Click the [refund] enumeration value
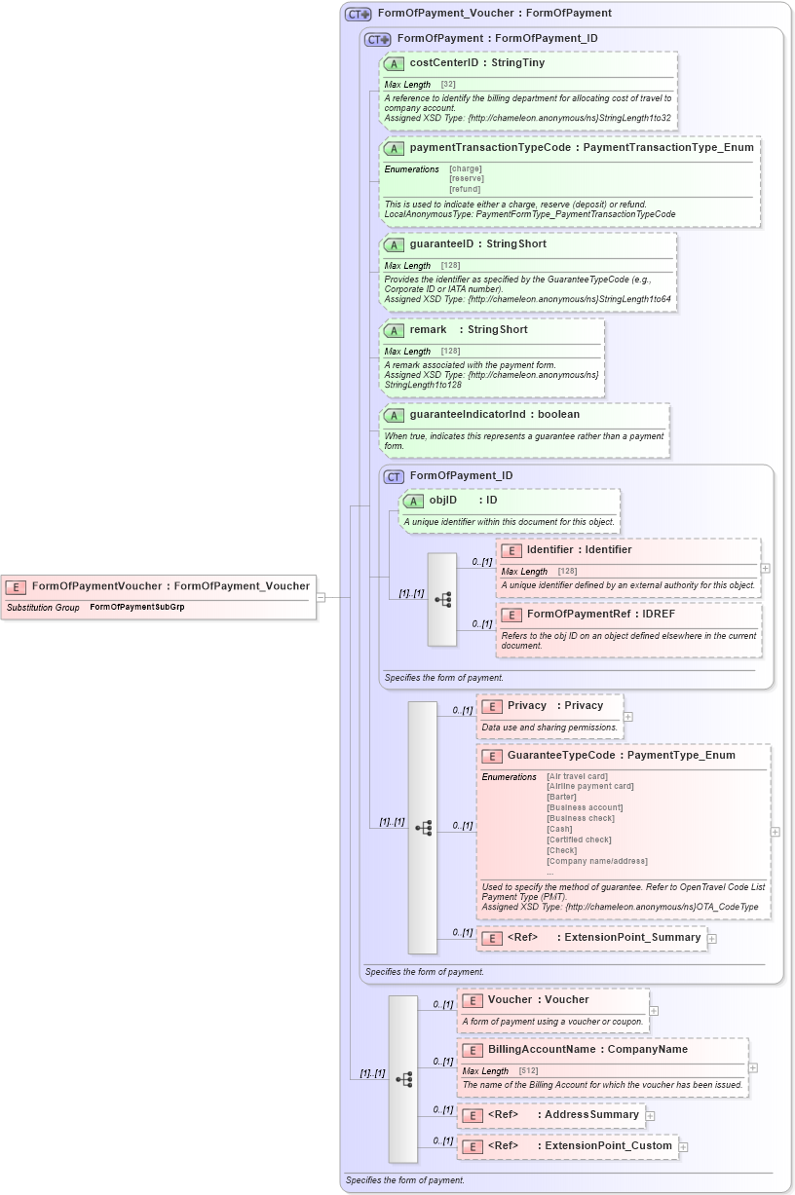465,189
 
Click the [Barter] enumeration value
562,797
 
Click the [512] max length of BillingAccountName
528,1071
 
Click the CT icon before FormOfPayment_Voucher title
359,14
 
